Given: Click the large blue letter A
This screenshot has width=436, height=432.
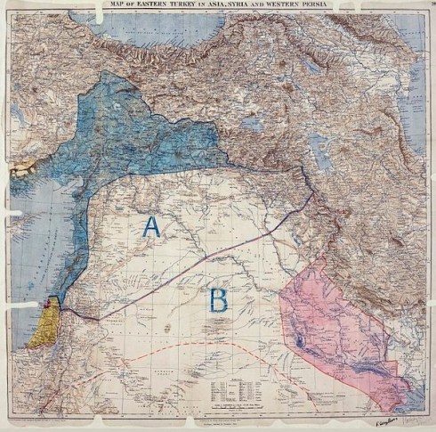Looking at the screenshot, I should [x=152, y=227].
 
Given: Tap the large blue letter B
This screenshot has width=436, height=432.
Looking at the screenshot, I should [x=218, y=300].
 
